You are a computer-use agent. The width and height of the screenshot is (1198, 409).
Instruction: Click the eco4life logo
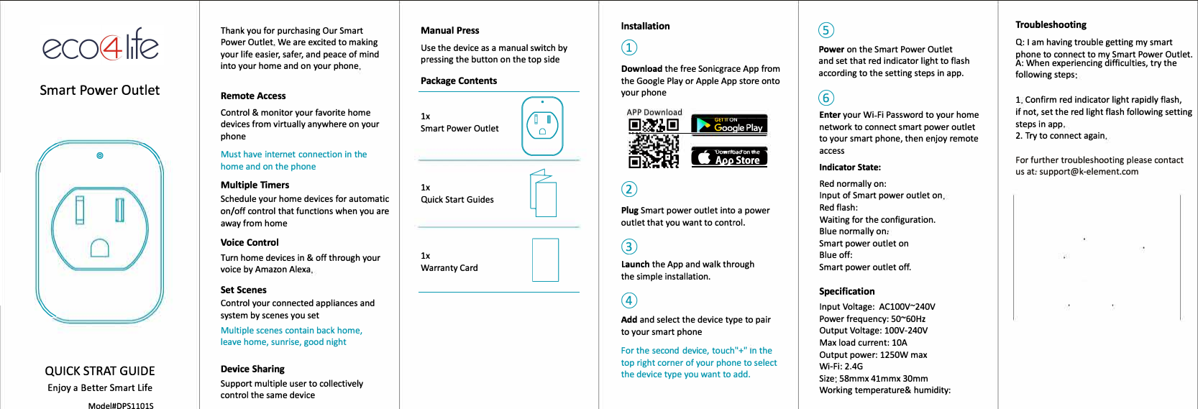click(x=100, y=45)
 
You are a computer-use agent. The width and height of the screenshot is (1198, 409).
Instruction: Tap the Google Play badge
click(x=729, y=124)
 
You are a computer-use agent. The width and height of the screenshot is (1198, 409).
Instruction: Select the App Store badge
click(x=729, y=157)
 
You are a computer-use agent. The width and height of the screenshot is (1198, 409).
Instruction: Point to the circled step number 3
click(x=629, y=247)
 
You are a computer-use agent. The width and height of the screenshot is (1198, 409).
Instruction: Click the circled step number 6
click(x=826, y=98)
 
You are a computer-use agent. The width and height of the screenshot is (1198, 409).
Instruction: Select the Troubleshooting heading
click(x=1051, y=24)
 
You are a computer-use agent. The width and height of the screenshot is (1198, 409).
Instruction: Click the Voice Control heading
click(x=250, y=242)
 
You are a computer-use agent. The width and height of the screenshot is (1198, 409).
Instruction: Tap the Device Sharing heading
click(x=252, y=369)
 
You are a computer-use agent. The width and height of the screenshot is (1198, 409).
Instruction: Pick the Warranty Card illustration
click(x=545, y=259)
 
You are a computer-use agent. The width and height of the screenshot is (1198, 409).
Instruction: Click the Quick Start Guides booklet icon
click(x=543, y=193)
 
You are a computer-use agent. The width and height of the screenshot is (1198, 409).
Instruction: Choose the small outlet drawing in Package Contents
click(x=542, y=126)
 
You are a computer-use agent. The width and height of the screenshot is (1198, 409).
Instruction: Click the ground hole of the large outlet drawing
click(x=100, y=248)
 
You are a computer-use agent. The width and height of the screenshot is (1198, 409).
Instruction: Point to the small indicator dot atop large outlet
click(x=100, y=155)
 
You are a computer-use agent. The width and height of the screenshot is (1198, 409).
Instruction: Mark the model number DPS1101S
click(x=121, y=405)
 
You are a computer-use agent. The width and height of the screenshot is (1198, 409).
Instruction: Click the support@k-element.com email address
click(x=1089, y=172)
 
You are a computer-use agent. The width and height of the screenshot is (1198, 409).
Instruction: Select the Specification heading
click(x=847, y=291)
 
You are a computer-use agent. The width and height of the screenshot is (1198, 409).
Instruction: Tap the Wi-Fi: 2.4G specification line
click(x=841, y=366)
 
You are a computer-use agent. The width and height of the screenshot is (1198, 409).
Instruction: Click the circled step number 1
click(x=629, y=47)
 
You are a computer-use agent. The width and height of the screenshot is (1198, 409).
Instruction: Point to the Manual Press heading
click(x=449, y=30)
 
